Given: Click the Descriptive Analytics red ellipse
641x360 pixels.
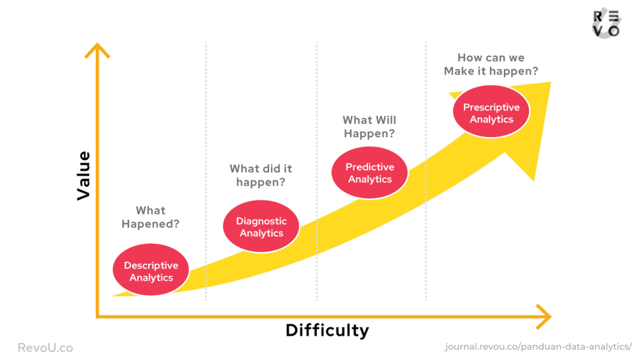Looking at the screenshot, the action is pyautogui.click(x=151, y=270).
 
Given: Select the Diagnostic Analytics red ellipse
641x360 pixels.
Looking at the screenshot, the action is pyautogui.click(x=261, y=226).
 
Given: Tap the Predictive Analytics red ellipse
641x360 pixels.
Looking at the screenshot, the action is pyautogui.click(x=369, y=173).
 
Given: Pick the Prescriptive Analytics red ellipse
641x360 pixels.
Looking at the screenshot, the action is pyautogui.click(x=491, y=111).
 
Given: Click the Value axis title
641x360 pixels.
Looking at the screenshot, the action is pyautogui.click(x=84, y=176).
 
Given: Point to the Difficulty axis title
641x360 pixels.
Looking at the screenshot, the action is pyautogui.click(x=327, y=330).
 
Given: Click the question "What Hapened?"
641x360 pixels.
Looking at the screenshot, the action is pyautogui.click(x=150, y=217).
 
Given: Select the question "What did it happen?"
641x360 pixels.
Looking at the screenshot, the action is pyautogui.click(x=261, y=175).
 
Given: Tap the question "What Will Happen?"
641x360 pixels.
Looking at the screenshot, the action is pyautogui.click(x=369, y=127).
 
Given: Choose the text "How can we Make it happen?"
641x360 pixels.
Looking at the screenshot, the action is pyautogui.click(x=491, y=64).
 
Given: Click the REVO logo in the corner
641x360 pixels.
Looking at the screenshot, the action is pyautogui.click(x=607, y=24).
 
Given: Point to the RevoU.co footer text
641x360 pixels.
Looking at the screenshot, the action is pyautogui.click(x=45, y=348).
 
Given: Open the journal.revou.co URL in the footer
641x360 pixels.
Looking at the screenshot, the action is pyautogui.click(x=539, y=346).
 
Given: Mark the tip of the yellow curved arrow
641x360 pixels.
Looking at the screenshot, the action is pyautogui.click(x=551, y=82).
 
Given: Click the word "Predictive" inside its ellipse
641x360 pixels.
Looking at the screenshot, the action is pyautogui.click(x=369, y=167).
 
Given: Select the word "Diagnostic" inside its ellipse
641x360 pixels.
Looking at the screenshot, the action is pyautogui.click(x=261, y=221).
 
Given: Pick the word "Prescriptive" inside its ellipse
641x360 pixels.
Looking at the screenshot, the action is pyautogui.click(x=491, y=108).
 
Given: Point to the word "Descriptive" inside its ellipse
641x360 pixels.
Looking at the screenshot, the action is pyautogui.click(x=152, y=266).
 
